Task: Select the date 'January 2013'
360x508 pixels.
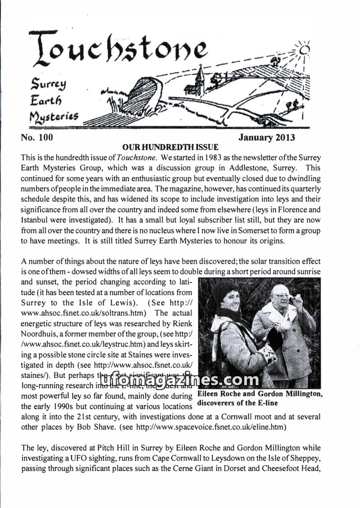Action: coord(267,137)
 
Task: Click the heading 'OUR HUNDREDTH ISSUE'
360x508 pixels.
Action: coord(170,147)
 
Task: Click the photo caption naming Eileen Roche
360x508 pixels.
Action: coord(259,398)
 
